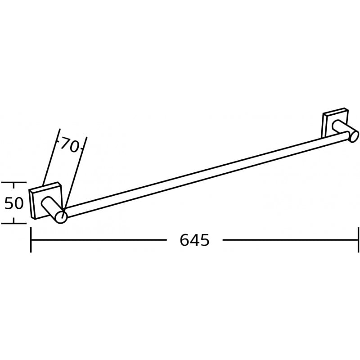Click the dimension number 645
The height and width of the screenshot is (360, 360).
[x=194, y=240]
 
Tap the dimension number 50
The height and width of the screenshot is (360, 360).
[x=14, y=203]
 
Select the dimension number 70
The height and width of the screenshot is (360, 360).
[x=70, y=145]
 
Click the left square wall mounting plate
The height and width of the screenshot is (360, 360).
[x=45, y=201]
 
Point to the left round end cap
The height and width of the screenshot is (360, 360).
[x=61, y=217]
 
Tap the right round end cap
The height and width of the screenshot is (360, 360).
[x=354, y=137]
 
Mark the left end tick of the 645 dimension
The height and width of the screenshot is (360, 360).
[x=31, y=240]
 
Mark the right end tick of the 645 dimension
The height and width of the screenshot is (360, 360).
[x=358, y=240]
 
